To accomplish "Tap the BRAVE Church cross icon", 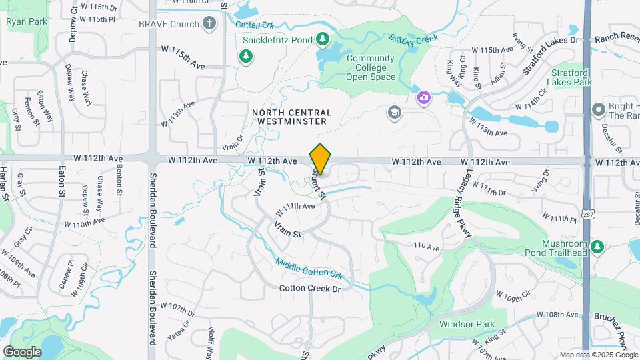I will coord(209,24).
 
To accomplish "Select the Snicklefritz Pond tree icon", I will coord(323,40).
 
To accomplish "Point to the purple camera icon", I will coord(423,98).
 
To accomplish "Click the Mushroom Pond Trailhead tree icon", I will coord(597,247).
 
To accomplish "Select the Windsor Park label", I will coord(467,325).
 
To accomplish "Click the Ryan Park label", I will coord(27,21).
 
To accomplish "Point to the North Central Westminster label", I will coord(289,117).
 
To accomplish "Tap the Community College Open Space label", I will coord(370,67).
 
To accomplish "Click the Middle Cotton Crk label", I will coord(309,269).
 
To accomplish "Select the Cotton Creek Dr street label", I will coord(310,289).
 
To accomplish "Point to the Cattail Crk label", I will coord(255,25).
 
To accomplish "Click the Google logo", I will coord(22,352).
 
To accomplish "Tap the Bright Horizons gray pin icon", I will coord(597,108).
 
